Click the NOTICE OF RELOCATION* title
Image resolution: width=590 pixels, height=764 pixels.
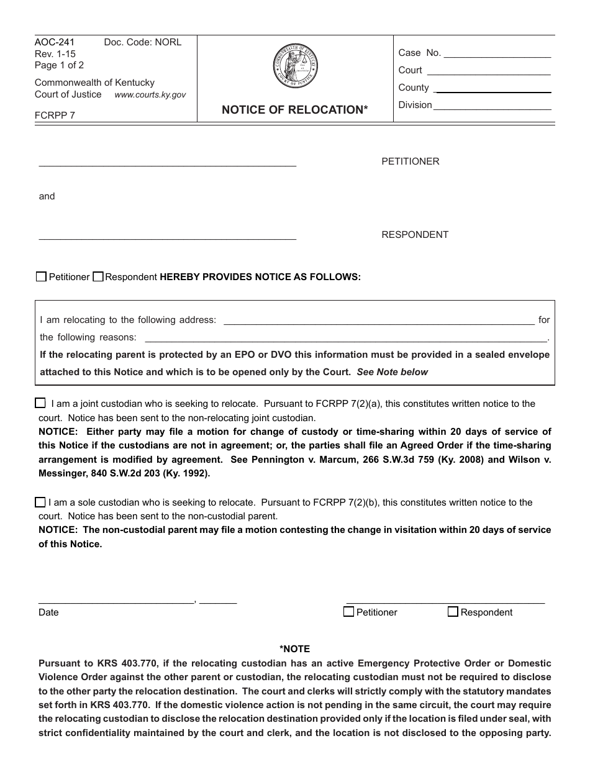tap(295, 110)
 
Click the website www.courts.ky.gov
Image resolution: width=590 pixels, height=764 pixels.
tap(150, 95)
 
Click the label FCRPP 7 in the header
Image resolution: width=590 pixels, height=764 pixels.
tap(55, 115)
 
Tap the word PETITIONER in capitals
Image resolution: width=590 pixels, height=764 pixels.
tap(410, 161)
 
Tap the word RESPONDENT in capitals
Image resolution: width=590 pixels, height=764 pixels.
tap(414, 235)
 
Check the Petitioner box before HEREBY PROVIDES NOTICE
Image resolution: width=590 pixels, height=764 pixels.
tap(41, 277)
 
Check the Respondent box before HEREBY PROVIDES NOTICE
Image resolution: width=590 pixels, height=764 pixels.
tap(98, 277)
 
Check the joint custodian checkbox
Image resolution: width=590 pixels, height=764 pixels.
tap(41, 403)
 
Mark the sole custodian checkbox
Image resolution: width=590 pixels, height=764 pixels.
tap(41, 502)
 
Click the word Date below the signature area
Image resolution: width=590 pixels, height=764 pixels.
tap(48, 612)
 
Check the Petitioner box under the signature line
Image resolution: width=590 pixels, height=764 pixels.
tap(349, 612)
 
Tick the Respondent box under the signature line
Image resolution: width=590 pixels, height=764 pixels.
tap(453, 612)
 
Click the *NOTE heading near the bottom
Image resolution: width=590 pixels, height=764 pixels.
tap(294, 649)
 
